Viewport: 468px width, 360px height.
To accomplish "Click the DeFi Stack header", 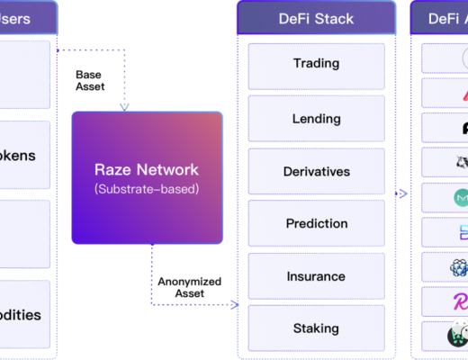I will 316,17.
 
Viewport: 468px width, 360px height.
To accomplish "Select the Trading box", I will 316,64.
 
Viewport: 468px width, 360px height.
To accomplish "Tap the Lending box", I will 316,119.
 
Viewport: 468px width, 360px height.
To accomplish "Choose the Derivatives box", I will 316,171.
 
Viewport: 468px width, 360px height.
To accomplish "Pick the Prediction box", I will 316,223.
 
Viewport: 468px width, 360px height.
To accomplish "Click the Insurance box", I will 316,276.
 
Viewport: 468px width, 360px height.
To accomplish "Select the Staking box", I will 316,328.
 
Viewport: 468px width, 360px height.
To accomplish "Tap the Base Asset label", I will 89,80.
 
